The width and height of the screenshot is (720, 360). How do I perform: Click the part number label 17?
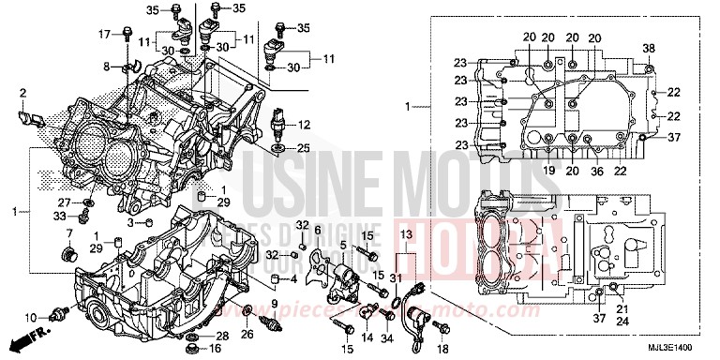click(x=105, y=35)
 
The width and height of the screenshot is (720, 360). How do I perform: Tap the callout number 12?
click(x=304, y=125)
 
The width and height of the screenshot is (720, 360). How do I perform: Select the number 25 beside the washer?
click(x=303, y=148)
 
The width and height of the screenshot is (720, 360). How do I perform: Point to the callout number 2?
click(x=22, y=92)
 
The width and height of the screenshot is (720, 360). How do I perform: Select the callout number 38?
click(x=648, y=48)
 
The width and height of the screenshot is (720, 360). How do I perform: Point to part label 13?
click(x=405, y=232)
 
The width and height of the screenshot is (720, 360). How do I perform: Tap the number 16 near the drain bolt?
click(x=214, y=348)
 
